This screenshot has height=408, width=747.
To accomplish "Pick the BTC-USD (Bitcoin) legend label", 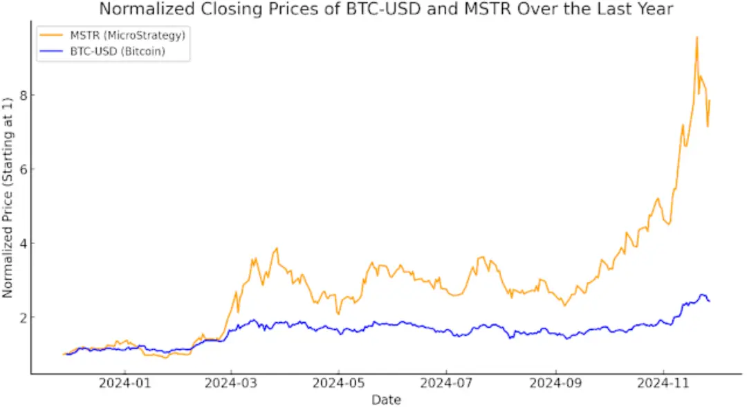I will coord(118,51).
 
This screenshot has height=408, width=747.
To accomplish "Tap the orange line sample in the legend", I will coord(53,35).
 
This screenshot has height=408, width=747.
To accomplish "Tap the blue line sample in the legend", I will coord(53,51).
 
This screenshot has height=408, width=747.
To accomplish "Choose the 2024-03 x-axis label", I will coord(232,384).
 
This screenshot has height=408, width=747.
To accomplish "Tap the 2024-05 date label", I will coord(339,384).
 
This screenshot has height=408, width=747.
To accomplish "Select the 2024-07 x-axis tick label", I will coord(447,384).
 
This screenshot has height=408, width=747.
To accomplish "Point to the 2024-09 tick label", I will coord(556,384).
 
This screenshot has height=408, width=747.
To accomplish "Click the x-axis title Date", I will coord(386,399).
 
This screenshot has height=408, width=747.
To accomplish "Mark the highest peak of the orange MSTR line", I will coord(697,37).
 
